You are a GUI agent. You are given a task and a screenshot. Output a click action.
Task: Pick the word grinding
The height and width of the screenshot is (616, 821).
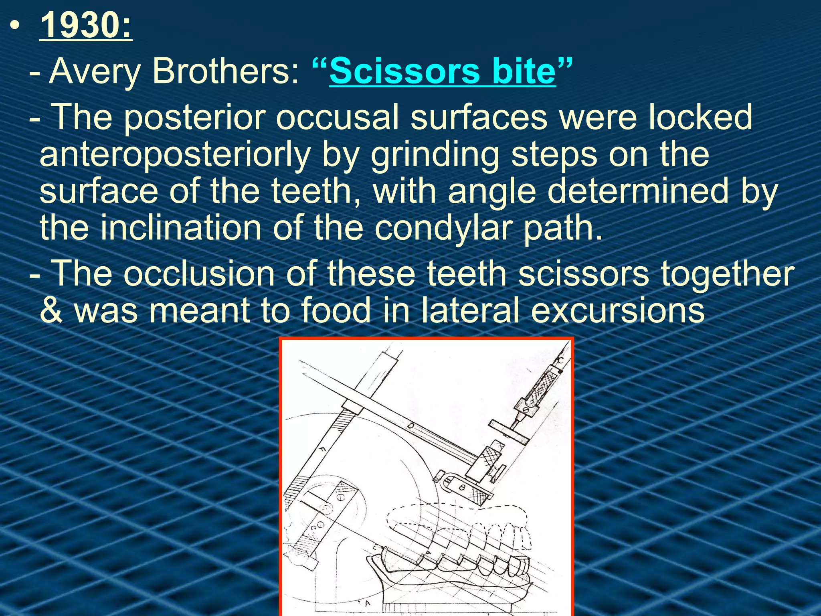[x=435, y=156]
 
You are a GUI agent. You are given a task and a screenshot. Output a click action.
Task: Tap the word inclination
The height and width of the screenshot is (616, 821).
[x=180, y=228]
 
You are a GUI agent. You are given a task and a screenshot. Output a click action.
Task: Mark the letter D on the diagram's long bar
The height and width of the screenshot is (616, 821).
[x=410, y=426]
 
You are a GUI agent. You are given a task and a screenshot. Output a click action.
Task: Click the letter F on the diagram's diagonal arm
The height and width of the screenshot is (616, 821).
[x=321, y=450]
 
